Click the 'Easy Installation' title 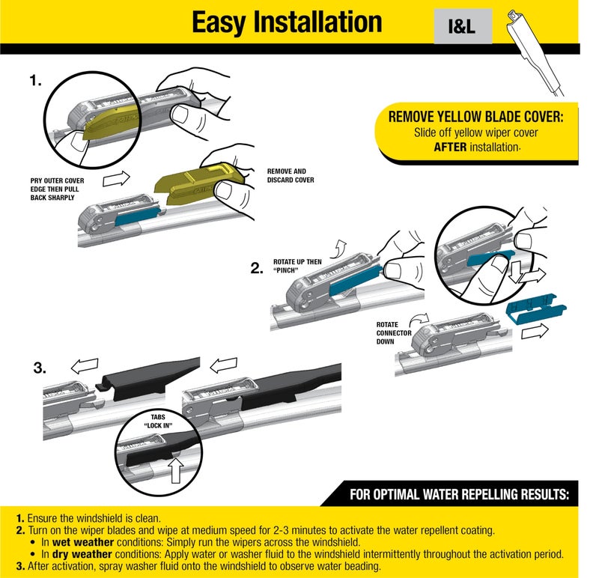pos(287,22)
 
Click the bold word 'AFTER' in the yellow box pos(451,147)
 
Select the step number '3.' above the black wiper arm pos(40,368)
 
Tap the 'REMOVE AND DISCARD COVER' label pos(291,176)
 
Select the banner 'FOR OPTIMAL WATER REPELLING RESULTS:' pos(459,495)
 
